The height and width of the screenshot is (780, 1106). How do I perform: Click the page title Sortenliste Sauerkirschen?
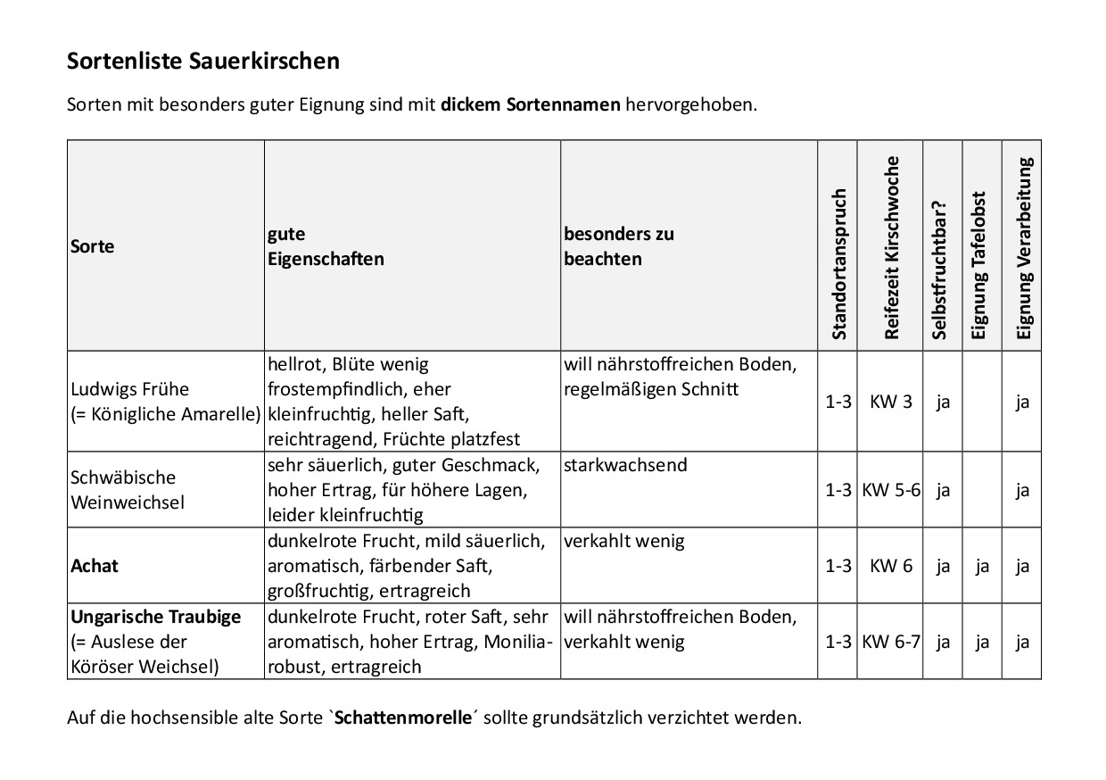[x=203, y=62]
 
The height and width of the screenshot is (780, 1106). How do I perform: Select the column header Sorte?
[x=93, y=246]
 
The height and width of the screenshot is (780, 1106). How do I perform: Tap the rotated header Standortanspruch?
[x=838, y=264]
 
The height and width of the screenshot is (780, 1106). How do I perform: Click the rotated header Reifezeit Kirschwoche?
[x=892, y=247]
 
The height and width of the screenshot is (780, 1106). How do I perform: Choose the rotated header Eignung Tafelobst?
[x=979, y=266]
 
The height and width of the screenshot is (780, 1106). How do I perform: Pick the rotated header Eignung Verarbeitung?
[x=1024, y=249]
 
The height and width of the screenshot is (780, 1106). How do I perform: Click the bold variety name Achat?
[x=95, y=566]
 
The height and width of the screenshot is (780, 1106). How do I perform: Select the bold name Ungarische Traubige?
[x=156, y=618]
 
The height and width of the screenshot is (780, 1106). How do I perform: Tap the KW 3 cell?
[x=891, y=402]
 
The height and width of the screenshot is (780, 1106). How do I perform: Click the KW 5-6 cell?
[x=891, y=490]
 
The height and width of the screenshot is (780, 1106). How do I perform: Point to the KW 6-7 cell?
[x=891, y=642]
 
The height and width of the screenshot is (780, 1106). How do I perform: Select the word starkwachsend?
[x=626, y=466]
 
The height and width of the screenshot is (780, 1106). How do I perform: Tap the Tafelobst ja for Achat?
[x=982, y=566]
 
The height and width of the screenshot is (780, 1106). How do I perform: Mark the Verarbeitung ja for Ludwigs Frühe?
[x=1022, y=402]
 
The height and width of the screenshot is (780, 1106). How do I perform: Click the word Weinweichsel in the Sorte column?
[x=128, y=502]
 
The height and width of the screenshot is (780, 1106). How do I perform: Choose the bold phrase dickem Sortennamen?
[x=530, y=105]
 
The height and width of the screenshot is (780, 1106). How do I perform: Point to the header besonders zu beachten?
[x=618, y=246]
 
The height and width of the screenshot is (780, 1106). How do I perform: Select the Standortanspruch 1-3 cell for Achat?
[x=838, y=566]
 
